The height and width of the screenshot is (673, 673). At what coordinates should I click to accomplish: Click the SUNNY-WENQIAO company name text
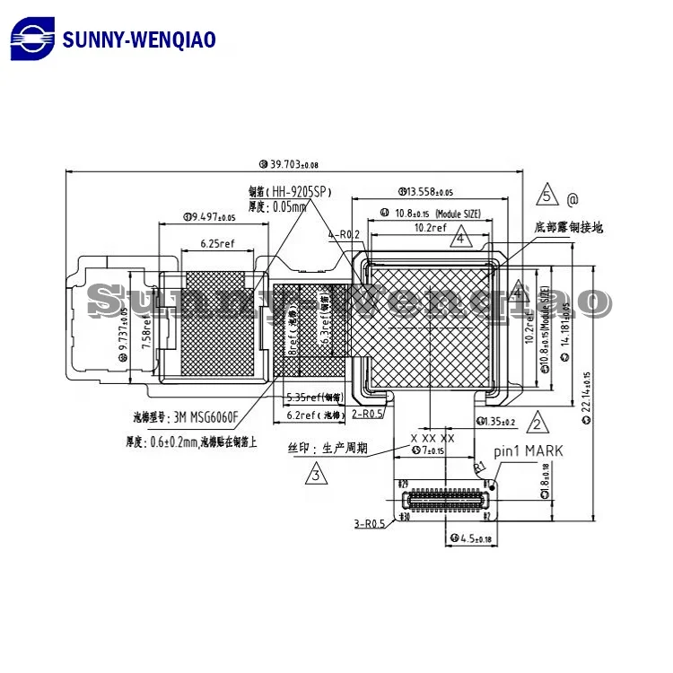tap(139, 39)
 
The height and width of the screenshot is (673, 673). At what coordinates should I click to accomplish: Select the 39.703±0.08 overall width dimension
tap(288, 164)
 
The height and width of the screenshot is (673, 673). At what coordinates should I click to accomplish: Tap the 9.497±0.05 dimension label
tap(209, 216)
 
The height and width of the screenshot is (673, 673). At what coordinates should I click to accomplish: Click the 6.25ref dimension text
tap(217, 243)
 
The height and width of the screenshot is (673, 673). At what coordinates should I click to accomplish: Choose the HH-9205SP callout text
tap(287, 191)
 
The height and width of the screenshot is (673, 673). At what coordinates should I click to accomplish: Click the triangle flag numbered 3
tap(315, 472)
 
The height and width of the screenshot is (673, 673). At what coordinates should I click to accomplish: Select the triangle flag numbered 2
tap(535, 423)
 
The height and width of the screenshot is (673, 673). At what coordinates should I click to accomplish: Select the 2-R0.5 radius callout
tap(368, 413)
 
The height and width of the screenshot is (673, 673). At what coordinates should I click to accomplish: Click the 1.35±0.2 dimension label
tap(496, 421)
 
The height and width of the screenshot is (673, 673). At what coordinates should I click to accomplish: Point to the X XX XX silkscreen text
tap(433, 438)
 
